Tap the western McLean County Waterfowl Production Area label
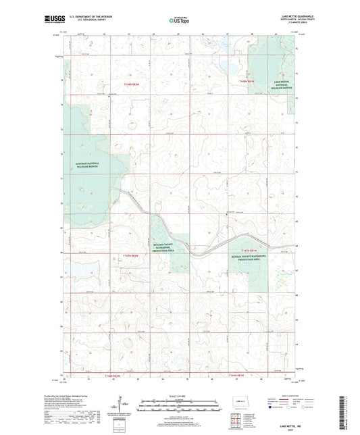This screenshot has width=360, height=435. point(168,246)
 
